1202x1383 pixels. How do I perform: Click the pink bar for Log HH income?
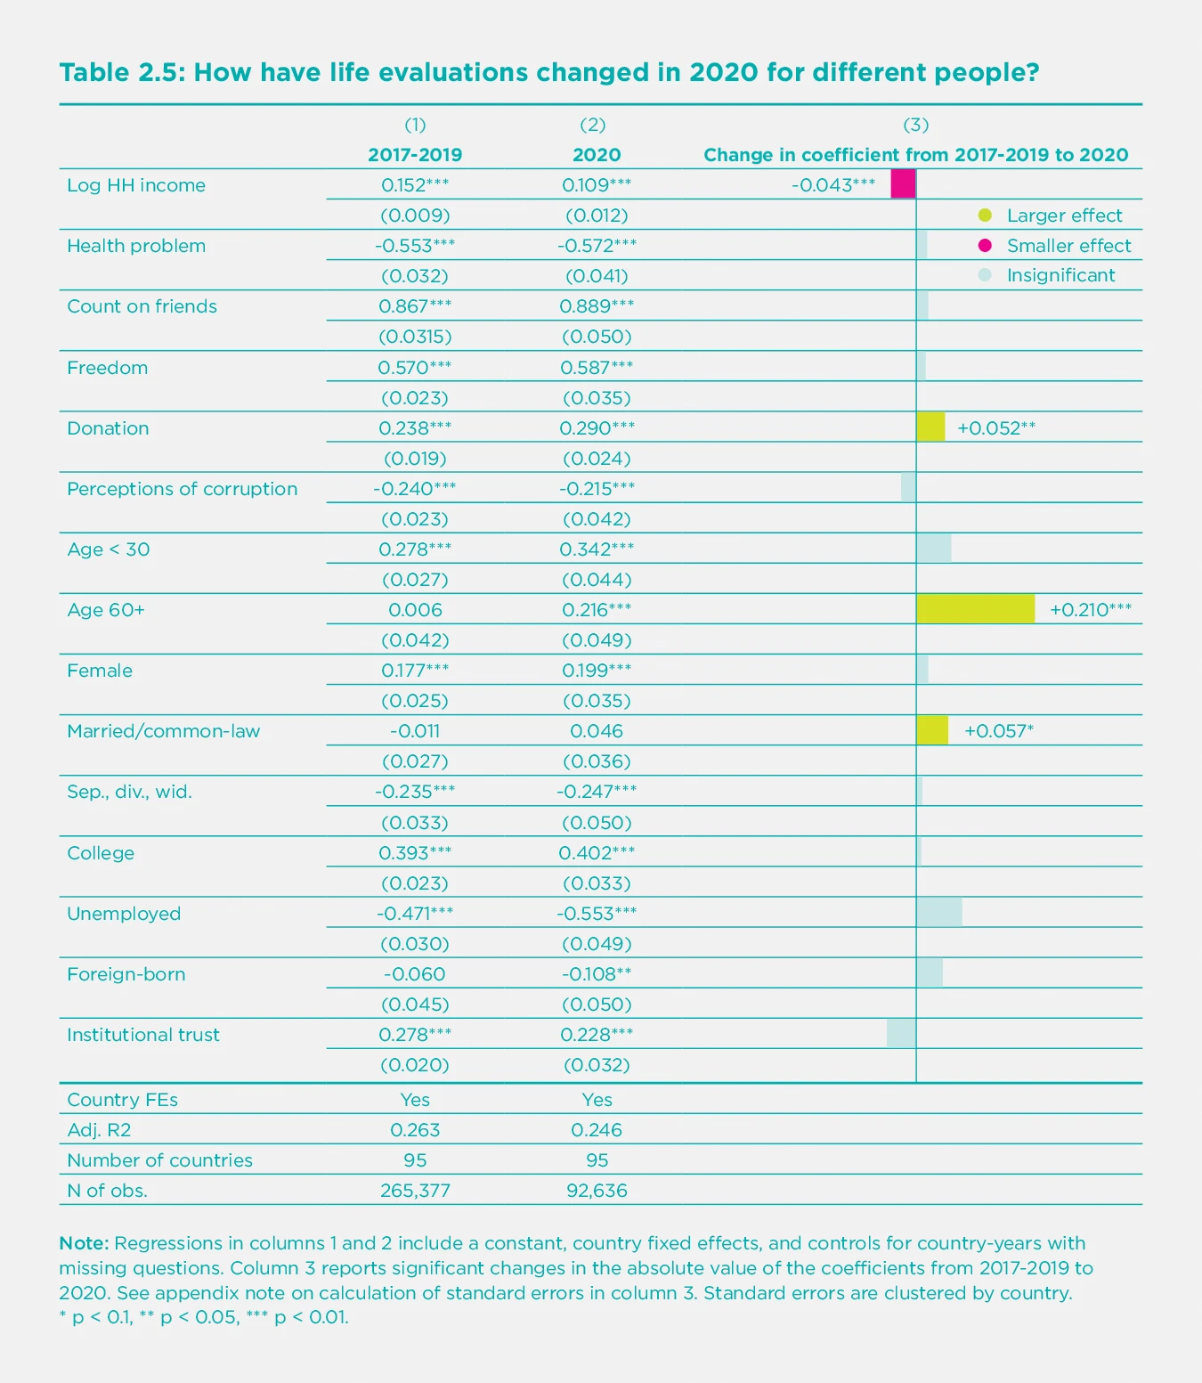click(x=903, y=184)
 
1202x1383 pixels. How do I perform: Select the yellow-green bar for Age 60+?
click(x=975, y=609)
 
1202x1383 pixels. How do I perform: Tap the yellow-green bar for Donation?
click(x=930, y=427)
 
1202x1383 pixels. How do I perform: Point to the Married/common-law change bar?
click(x=932, y=730)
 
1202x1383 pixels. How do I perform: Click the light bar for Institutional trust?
click(x=901, y=1034)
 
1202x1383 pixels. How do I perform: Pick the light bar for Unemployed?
click(x=939, y=913)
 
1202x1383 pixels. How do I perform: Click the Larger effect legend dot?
click(x=985, y=216)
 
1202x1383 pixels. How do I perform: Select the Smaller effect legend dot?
click(x=985, y=246)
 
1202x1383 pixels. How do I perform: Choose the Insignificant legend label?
click(x=1060, y=275)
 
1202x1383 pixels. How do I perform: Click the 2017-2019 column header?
click(x=415, y=155)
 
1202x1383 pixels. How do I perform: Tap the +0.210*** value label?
click(x=1091, y=610)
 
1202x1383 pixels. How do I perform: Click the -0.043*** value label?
click(x=833, y=185)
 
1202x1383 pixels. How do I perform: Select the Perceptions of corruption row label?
click(x=183, y=489)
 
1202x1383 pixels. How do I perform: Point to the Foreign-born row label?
click(x=126, y=974)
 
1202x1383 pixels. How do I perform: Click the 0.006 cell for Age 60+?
click(x=415, y=610)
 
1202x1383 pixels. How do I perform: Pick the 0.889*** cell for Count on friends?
click(x=597, y=306)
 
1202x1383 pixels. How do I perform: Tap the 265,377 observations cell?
click(x=415, y=1191)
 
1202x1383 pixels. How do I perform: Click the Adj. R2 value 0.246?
click(x=597, y=1130)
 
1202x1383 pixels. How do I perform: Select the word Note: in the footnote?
click(x=84, y=1243)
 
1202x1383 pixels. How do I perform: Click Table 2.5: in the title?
click(x=122, y=72)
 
